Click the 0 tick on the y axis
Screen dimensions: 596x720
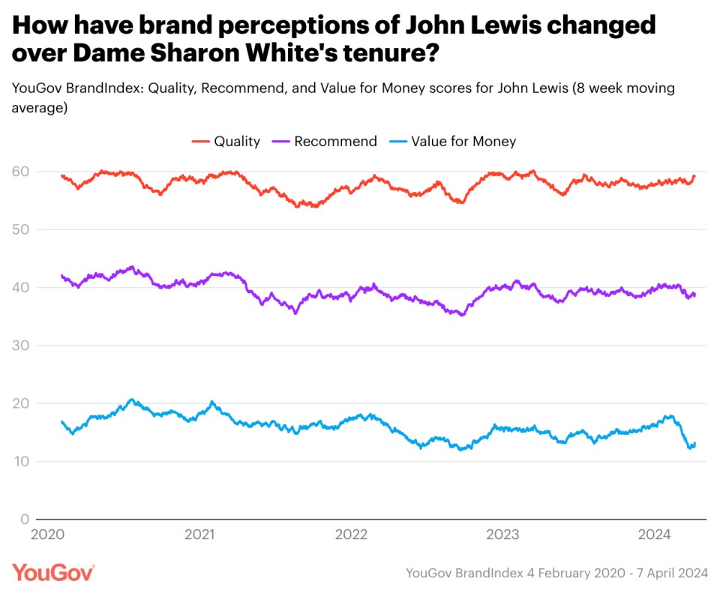[24, 519]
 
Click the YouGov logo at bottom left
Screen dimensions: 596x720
[53, 573]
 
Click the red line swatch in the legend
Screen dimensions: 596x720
[200, 141]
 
